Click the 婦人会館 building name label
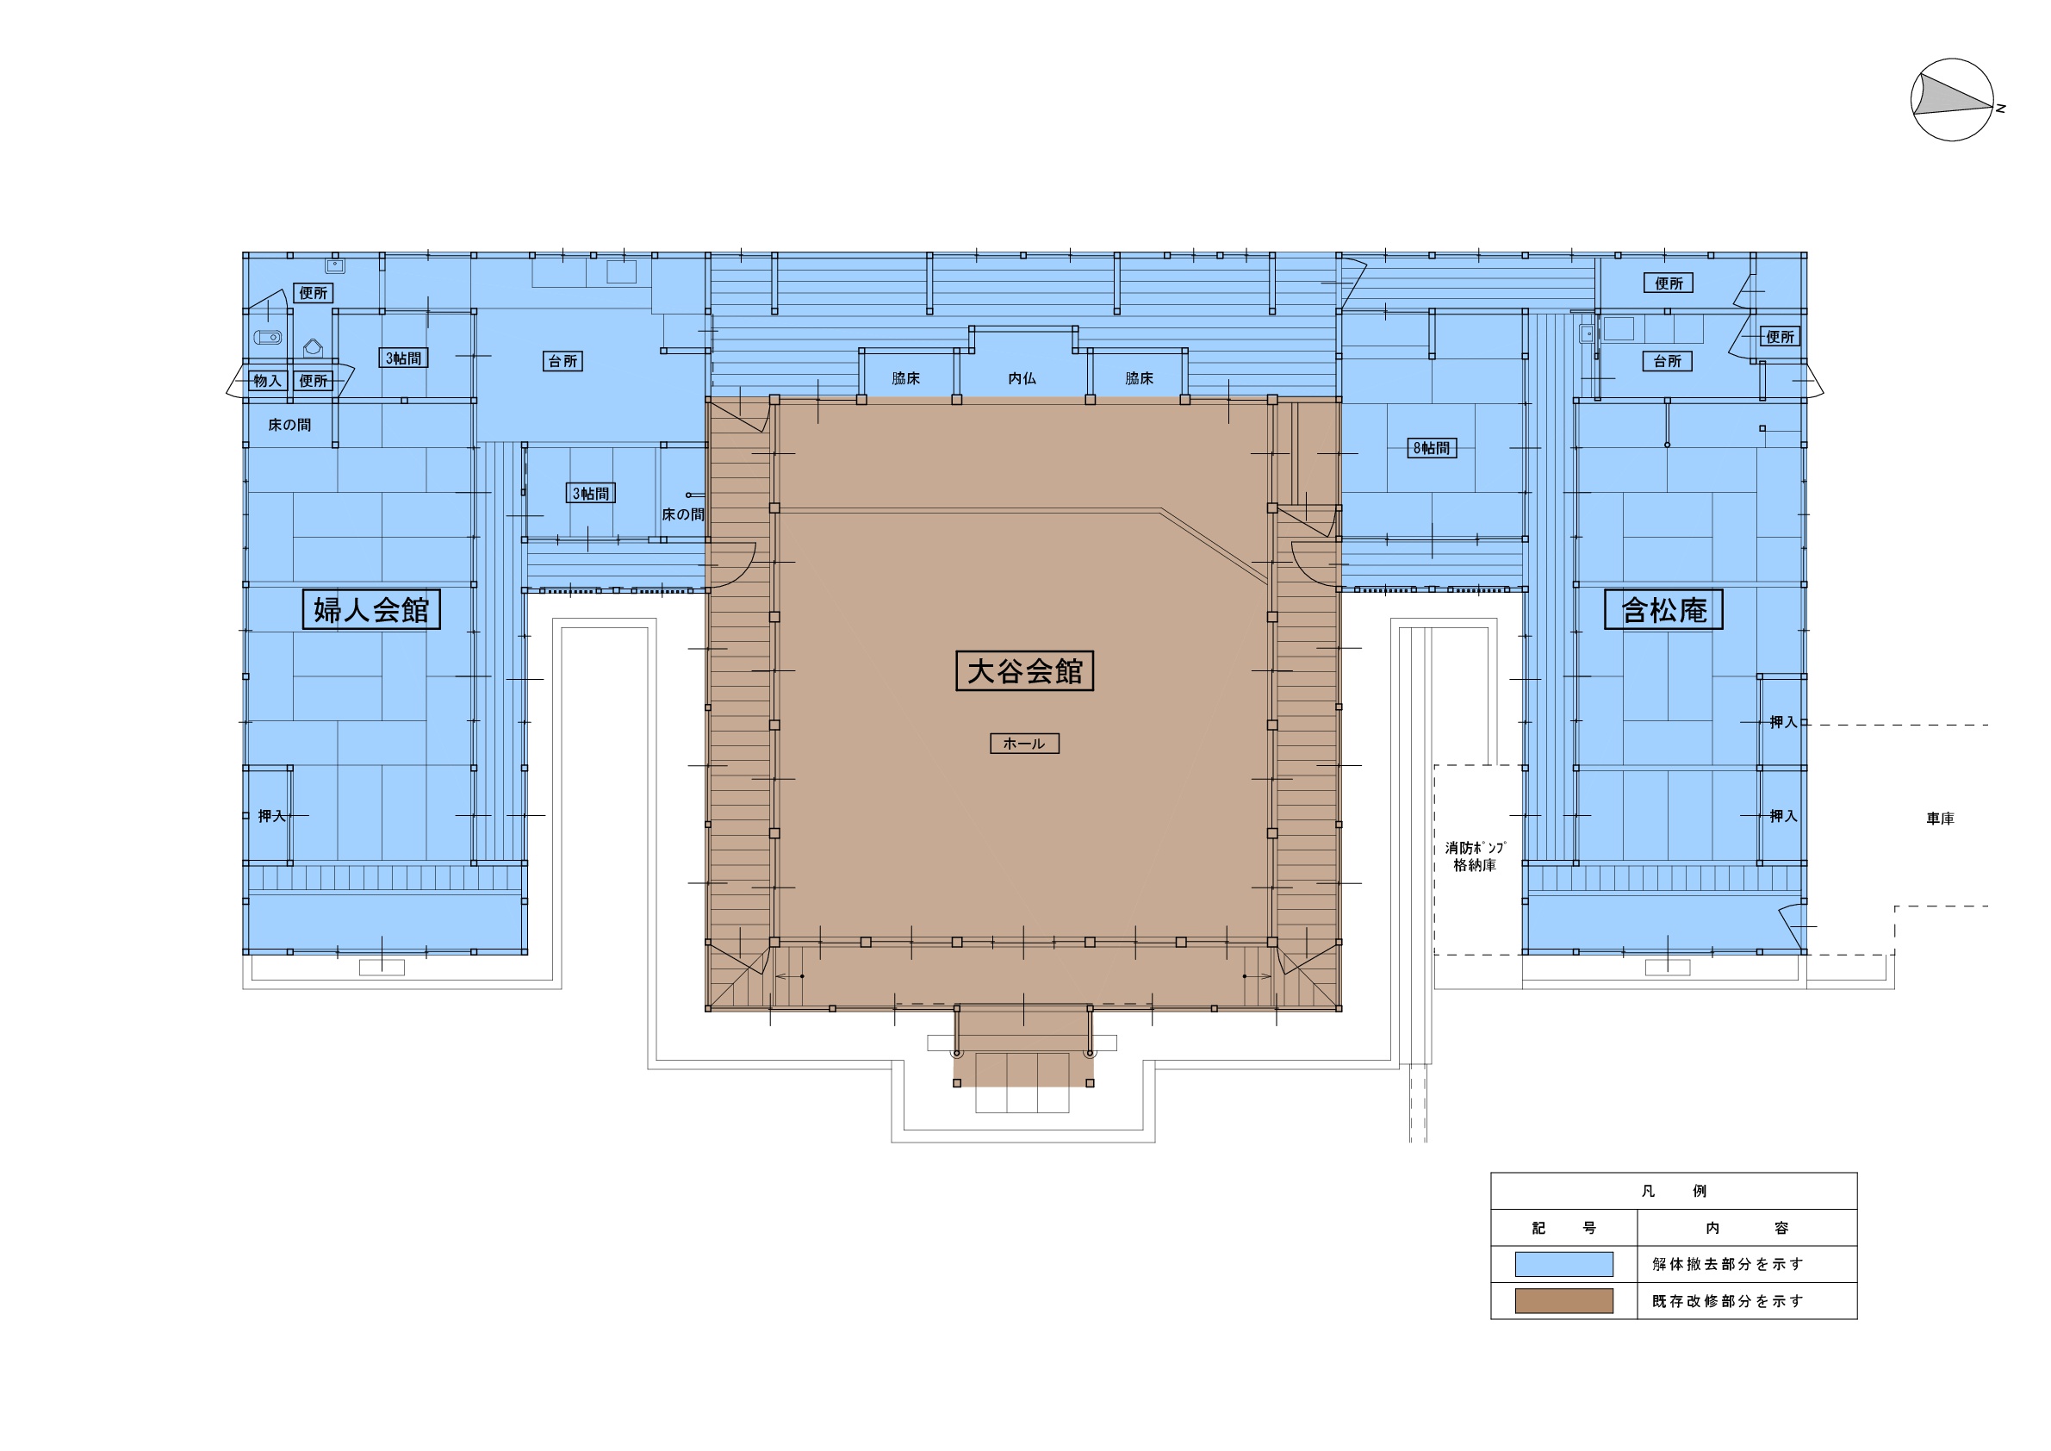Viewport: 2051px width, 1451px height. (x=371, y=609)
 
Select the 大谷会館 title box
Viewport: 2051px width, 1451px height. (x=1024, y=671)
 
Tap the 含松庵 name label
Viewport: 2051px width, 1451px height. (x=1663, y=609)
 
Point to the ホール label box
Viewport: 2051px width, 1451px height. (x=1024, y=744)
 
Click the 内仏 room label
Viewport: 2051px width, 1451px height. (x=1022, y=379)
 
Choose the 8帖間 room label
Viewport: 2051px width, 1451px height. (x=1432, y=448)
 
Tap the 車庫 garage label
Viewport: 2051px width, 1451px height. (x=1939, y=819)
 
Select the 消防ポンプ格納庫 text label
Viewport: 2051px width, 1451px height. (x=1475, y=856)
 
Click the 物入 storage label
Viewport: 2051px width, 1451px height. (x=267, y=381)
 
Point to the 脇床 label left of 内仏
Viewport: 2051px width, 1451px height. (x=906, y=379)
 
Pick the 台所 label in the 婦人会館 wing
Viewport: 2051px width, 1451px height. (x=562, y=361)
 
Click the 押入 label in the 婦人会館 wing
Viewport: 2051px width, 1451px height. (x=271, y=816)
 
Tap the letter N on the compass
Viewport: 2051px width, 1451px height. (x=2000, y=108)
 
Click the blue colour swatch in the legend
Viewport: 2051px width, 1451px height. (x=1564, y=1263)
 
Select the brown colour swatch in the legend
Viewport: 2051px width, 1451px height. (x=1564, y=1301)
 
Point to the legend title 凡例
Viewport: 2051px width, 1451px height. (x=1674, y=1191)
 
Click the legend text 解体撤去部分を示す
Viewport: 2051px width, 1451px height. (x=1727, y=1264)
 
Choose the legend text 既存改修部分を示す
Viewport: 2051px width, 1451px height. (x=1727, y=1301)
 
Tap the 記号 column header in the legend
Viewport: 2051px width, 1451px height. (x=1563, y=1228)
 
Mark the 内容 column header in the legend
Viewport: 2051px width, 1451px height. (x=1747, y=1228)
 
